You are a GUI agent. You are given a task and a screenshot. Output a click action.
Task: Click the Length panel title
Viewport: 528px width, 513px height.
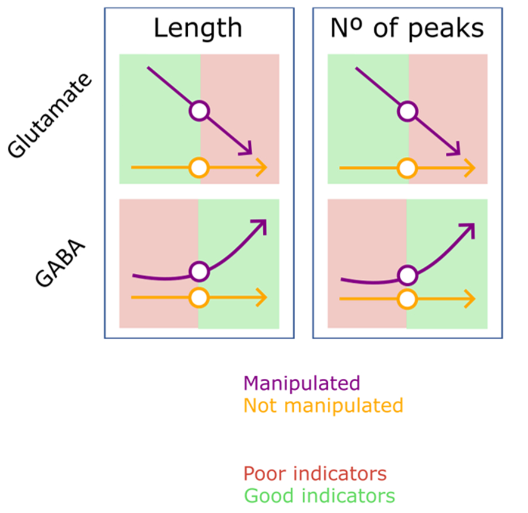tap(198, 28)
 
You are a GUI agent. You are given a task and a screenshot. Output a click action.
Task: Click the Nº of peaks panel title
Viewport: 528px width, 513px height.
tap(406, 28)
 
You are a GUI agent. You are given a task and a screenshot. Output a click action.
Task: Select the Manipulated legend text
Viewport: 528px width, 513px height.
tap(302, 382)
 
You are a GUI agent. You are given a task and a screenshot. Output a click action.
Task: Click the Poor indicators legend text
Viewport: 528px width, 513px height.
tap(315, 474)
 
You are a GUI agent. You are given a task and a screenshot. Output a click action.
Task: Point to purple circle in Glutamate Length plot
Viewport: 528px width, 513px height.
tap(199, 111)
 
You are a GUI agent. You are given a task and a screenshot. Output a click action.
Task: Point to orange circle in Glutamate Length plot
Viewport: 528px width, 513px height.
tap(199, 168)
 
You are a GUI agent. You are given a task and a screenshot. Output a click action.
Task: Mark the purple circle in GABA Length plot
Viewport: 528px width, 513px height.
tap(199, 272)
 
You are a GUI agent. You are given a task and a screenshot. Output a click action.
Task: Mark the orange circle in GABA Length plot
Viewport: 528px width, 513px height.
tap(199, 297)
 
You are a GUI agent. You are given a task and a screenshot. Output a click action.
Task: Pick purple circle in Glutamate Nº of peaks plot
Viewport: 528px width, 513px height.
tap(408, 111)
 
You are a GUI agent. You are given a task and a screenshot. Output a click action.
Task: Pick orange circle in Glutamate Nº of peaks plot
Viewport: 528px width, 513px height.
tap(408, 168)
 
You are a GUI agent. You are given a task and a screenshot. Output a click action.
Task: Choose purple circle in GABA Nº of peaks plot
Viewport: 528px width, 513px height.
tap(408, 274)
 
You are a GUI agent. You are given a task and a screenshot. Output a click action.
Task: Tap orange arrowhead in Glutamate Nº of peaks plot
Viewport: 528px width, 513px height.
tap(471, 168)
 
